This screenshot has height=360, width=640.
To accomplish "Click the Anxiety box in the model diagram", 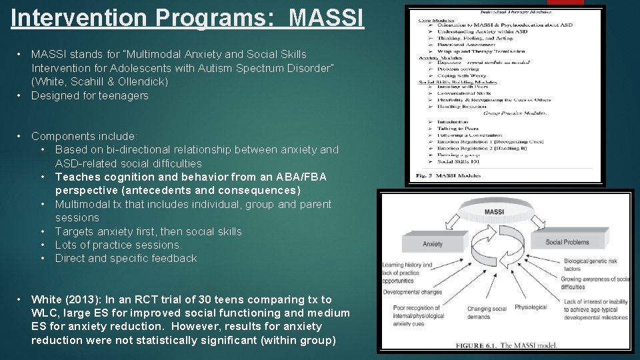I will (433, 244).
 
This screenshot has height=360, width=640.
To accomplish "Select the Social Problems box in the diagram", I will (567, 242).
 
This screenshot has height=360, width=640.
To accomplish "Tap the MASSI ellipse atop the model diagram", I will (494, 212).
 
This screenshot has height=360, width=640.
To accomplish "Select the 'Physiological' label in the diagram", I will (531, 307).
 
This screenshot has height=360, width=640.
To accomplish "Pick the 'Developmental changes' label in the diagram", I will (413, 292).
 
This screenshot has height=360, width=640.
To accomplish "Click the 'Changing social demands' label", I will (487, 313).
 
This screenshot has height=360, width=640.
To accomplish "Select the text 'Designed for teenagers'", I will (90, 95).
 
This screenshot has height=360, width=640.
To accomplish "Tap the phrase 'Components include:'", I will (85, 135).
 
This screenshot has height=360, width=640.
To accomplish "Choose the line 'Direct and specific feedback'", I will (126, 258).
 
